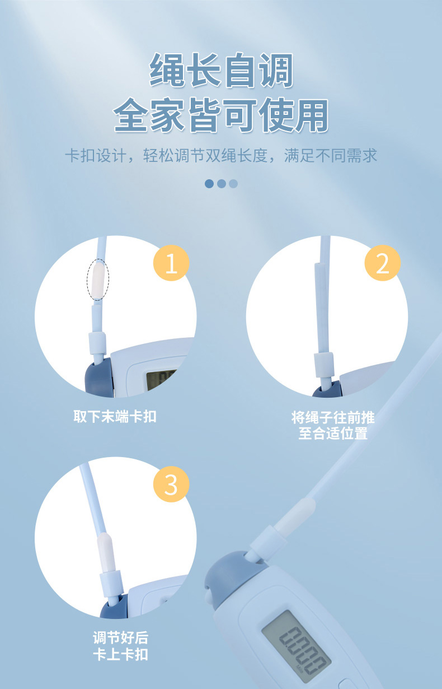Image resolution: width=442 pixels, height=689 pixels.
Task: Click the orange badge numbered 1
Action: [171, 263]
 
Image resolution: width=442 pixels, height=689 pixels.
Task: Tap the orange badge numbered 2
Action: [382, 263]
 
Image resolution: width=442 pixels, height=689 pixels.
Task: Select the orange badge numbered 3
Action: [171, 484]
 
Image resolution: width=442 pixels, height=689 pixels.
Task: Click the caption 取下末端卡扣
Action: [115, 416]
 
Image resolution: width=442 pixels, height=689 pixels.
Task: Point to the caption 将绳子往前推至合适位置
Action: [333, 425]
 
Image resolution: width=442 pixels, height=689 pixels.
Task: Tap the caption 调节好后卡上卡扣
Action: [121, 646]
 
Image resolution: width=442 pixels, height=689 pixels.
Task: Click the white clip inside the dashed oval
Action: [98, 280]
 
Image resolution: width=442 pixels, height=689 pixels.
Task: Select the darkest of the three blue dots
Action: [209, 184]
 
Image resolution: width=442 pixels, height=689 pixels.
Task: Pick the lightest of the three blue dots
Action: [233, 184]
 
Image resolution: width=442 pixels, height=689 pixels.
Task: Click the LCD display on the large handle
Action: [297, 646]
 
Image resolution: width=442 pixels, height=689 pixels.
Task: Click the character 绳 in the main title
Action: [167, 69]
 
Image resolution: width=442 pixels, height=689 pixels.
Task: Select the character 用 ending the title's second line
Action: [312, 115]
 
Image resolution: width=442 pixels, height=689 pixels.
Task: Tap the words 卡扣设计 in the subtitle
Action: [96, 155]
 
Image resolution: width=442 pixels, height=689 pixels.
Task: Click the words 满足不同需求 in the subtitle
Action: [331, 155]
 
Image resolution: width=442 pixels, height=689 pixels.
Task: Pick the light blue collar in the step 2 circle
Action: [324, 365]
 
